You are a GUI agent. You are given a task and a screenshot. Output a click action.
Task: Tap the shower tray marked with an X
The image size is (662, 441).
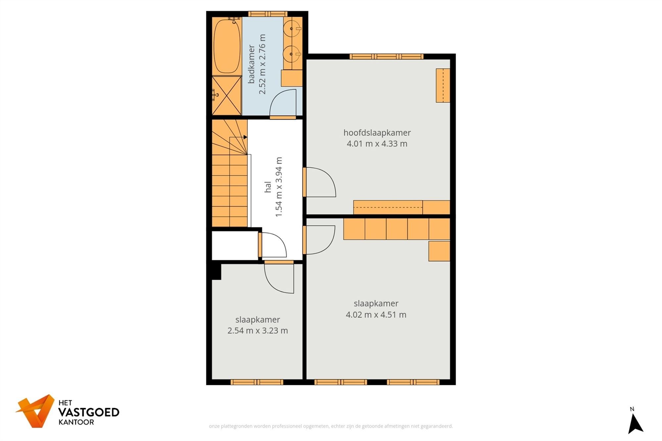pos(227,95)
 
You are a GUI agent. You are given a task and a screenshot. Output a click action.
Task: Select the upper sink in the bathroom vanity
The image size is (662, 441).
pos(292,29)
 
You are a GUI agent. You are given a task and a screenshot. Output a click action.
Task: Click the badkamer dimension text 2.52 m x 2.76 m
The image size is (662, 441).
pos(262,64)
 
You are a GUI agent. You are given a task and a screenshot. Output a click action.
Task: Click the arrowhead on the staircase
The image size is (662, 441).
pos(245,137)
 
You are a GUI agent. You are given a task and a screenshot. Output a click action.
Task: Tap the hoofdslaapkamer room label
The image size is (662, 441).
pos(377,133)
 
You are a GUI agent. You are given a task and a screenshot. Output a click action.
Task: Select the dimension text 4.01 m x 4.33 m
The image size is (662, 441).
pos(377,144)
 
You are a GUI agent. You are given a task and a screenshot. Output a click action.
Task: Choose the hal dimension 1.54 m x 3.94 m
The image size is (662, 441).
pos(279,187)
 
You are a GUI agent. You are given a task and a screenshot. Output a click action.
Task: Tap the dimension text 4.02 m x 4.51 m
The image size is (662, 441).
pos(376,315)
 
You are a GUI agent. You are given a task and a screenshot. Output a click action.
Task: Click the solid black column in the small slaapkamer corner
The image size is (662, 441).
pos(216,271)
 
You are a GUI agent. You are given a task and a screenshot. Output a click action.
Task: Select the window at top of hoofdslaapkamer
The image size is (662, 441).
pos(386,57)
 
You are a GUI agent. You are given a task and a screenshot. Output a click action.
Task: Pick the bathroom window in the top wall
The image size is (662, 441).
pos(267,14)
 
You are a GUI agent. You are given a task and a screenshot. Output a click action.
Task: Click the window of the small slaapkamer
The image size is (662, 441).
pos(257,382)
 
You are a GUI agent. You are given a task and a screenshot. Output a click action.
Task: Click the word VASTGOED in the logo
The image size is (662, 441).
pos(89,412)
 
